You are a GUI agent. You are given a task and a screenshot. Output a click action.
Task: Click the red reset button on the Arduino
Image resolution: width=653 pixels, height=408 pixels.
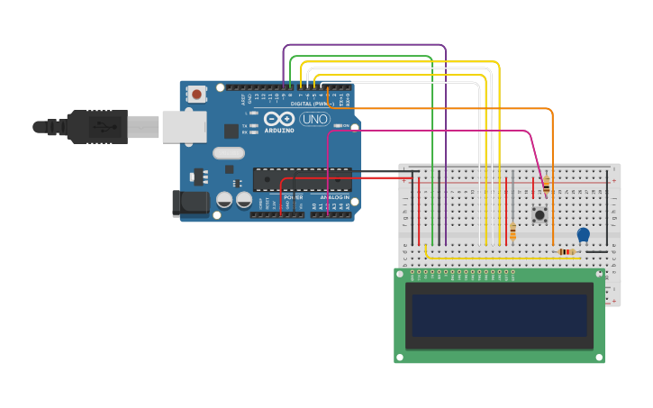[196, 94]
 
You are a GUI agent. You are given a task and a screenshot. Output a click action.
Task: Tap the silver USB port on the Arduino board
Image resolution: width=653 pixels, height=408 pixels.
[184, 127]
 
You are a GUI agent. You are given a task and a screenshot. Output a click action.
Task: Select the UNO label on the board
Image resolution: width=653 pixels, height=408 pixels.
[314, 119]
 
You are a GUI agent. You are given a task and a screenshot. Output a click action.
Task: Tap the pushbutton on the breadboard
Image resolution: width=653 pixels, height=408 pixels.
[540, 214]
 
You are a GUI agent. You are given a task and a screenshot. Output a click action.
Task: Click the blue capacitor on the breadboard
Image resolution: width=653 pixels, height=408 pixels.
[583, 234]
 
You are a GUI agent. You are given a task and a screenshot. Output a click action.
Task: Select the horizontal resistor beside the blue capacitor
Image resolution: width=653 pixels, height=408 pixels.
[567, 251]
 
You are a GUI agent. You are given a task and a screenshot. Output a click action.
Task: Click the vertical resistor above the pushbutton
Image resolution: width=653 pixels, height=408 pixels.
[546, 186]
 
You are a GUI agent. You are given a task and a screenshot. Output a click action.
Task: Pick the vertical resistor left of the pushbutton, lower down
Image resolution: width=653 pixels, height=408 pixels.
[512, 231]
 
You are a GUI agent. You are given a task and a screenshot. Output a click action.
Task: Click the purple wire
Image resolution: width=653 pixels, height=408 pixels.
[365, 45]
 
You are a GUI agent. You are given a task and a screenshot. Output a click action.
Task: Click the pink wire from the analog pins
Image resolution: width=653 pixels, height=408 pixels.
[432, 131]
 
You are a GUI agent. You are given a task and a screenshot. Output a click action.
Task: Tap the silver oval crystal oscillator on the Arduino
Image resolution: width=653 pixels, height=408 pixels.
[229, 153]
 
